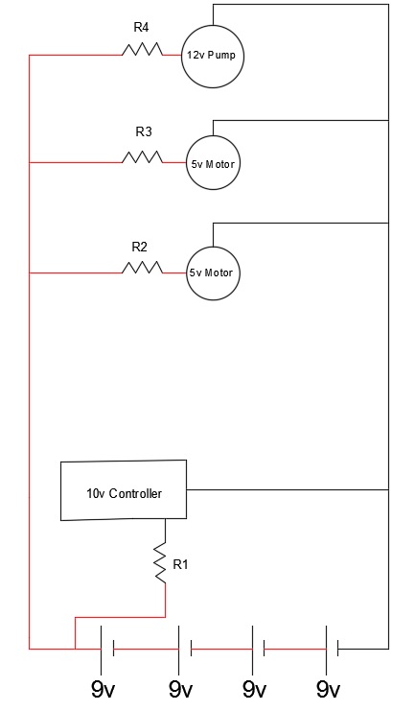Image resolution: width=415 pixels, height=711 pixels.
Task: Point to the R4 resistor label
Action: tap(141, 28)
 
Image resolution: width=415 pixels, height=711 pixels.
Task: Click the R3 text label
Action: tap(144, 132)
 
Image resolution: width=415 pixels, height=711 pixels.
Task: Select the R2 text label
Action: tap(140, 248)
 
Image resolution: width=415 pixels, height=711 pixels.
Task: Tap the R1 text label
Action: tap(180, 564)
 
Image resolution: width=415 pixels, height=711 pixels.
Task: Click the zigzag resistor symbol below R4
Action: tap(142, 50)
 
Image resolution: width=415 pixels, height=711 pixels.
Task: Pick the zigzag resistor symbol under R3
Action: tap(142, 157)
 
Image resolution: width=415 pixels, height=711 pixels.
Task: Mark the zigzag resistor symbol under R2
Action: tap(142, 268)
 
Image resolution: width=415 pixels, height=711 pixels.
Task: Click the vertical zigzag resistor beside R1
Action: tap(160, 563)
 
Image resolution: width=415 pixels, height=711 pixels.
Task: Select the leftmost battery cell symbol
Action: tap(107, 650)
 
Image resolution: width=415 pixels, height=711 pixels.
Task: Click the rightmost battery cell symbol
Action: tap(332, 650)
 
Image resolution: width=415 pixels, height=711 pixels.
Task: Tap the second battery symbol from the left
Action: tap(185, 650)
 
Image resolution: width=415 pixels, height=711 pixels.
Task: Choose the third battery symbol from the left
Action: tap(259, 650)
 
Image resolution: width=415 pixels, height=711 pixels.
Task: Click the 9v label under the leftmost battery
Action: tap(103, 690)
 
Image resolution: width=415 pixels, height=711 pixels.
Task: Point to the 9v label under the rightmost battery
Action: tap(328, 690)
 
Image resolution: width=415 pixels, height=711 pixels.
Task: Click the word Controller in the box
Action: tap(135, 493)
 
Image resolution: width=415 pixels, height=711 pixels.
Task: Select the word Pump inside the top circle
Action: tap(221, 56)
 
